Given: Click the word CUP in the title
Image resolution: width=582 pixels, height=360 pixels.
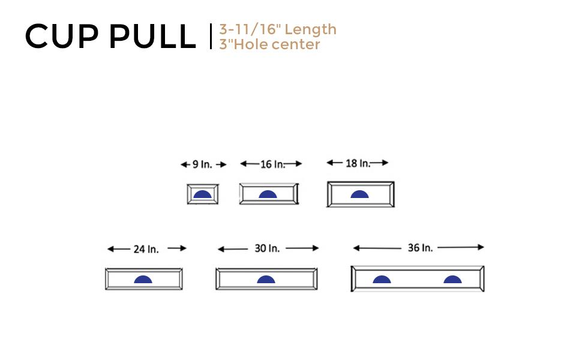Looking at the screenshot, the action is tap(62, 37).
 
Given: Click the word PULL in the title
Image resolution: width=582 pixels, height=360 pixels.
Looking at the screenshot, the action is tap(152, 37).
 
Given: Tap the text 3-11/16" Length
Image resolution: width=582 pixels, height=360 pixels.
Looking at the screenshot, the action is tap(278, 29).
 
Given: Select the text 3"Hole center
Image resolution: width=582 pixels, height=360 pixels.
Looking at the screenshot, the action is tap(269, 44).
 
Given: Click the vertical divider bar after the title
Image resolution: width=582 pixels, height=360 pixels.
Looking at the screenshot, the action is tap(211, 37).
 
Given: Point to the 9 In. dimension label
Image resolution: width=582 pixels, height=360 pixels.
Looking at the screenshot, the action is tap(202, 164).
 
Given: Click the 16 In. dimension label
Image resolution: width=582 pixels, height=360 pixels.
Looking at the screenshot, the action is tap(273, 164).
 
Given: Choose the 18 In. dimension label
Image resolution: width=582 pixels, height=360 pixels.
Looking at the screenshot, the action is tap(358, 163).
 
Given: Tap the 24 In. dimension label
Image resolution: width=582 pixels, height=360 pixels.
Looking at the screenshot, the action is tap(146, 249).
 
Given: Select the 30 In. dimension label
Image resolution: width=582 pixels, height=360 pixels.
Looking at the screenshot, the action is tap(267, 248).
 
